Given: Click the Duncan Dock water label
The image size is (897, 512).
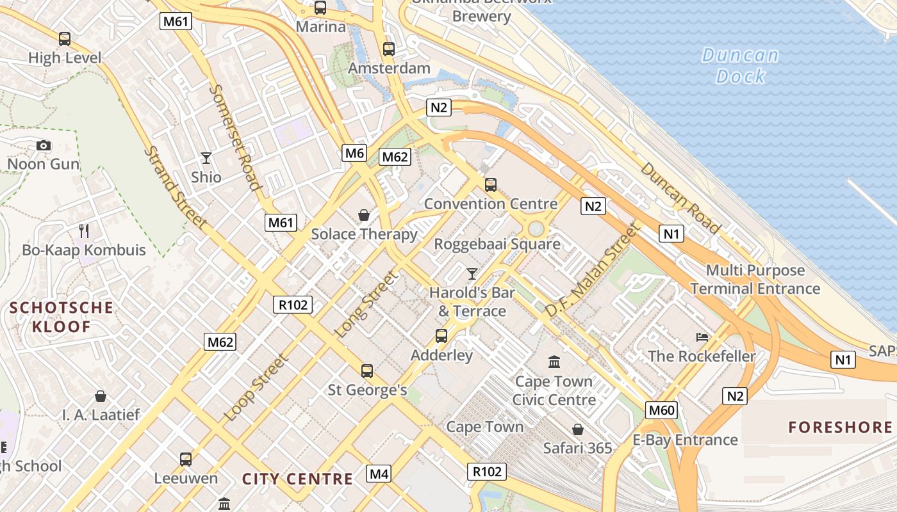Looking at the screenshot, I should coord(741,66).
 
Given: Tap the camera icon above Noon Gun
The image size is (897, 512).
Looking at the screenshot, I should coord(44,146).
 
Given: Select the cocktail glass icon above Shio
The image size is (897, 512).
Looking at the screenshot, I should coord(206,157).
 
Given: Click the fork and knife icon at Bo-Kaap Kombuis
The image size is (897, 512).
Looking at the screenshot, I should coord(84,230).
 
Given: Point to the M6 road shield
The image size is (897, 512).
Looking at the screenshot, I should coord(354,153).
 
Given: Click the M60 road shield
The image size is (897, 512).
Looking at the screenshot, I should coord(662,410).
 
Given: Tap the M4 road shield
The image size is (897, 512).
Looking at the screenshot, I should coord(379,474).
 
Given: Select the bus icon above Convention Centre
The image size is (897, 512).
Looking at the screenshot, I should coord(491,185).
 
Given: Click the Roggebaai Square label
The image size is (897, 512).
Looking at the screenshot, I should coord(497,244).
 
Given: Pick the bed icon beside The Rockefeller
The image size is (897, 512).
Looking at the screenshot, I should coord(702,337).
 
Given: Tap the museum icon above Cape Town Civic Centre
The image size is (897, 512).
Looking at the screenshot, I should coord(554,362).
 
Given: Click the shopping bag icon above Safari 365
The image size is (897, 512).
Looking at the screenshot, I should coord(578,429).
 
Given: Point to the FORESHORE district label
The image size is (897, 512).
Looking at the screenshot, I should coord(840,428).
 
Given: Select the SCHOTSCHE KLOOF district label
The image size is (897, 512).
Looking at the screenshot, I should coord(62,317).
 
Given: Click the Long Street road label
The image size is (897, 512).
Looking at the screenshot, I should coord(367,305).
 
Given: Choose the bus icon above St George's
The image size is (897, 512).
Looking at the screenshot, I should coord(367,371).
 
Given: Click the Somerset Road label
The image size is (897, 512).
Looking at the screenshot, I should coord(235,138).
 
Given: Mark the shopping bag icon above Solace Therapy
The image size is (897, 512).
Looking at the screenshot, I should coord(364,215).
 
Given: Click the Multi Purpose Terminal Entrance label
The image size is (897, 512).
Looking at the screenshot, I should coord(755,280).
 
